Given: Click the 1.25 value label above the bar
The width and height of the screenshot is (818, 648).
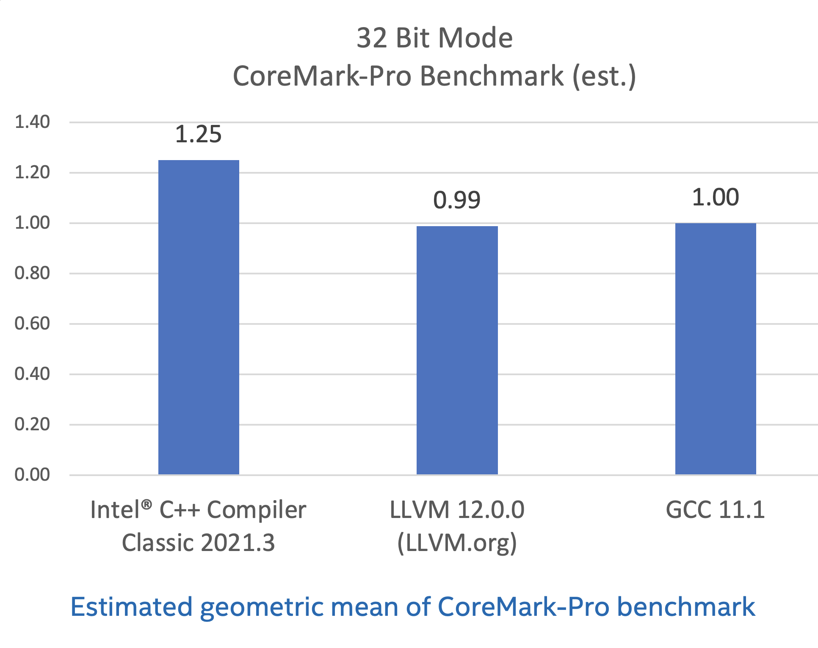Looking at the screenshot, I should coord(198,134).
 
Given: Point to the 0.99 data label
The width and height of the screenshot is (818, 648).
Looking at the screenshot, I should coord(456,200).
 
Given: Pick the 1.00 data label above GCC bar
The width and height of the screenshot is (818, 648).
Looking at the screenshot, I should coord(715,197).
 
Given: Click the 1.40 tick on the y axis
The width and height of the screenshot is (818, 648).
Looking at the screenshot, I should coord(32,122).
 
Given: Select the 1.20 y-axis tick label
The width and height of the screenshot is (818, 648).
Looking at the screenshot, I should coord(32,172).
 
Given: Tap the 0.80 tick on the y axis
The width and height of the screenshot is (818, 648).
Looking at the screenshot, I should coord(32,273).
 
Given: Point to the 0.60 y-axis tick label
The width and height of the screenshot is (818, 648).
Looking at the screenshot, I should coord(32,324).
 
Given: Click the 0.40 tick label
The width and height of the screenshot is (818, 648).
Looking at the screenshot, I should coord(32,374).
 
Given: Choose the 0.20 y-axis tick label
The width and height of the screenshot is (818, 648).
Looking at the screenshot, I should coord(32,424).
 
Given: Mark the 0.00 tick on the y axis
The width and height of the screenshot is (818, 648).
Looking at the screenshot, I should coord(32,475).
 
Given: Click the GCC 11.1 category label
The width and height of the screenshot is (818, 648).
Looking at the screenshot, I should coord(715,510).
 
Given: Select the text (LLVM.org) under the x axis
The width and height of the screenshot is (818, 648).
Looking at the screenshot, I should coord(457,543).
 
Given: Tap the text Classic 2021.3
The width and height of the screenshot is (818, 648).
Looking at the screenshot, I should coord(198,543).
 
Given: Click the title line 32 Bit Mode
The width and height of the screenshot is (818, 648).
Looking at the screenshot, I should coord(434,38).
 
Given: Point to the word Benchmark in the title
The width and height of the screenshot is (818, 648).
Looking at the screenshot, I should coord(492,76).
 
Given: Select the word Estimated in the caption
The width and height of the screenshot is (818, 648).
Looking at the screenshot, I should coord(132,607).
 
